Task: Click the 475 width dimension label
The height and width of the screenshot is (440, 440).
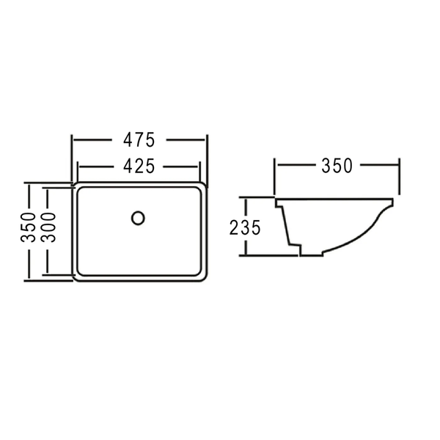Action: [139, 140]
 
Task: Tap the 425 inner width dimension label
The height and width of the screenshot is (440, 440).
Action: [139, 166]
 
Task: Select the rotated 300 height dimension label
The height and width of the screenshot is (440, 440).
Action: [48, 227]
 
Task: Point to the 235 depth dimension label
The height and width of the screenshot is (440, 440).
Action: [245, 227]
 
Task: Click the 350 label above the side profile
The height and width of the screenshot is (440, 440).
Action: [337, 166]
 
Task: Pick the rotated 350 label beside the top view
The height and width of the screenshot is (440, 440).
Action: [28, 227]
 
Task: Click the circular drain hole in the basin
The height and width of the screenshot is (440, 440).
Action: [138, 218]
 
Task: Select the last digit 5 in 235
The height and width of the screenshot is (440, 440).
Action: [256, 227]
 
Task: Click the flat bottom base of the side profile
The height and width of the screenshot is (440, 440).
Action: [311, 255]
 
